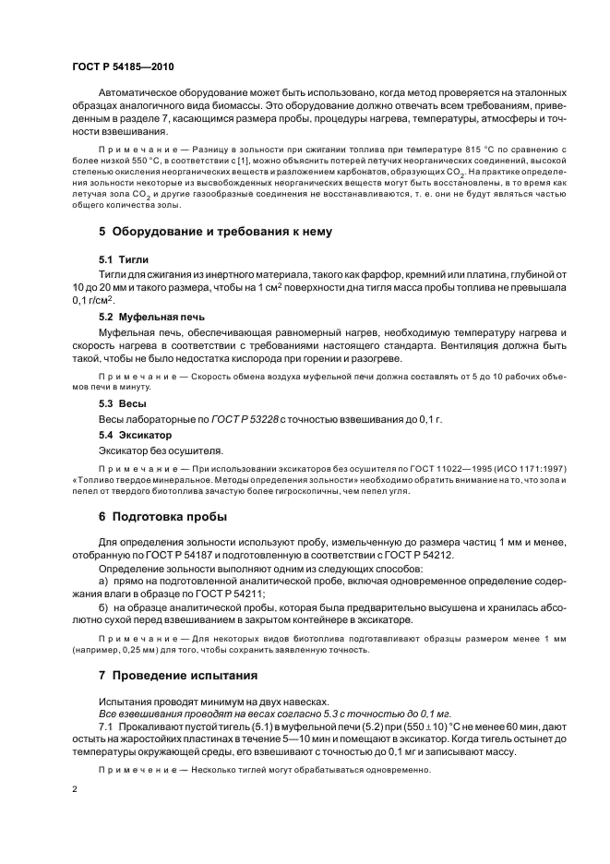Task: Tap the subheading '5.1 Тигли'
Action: click(x=123, y=259)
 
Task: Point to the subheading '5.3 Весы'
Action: click(x=122, y=403)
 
